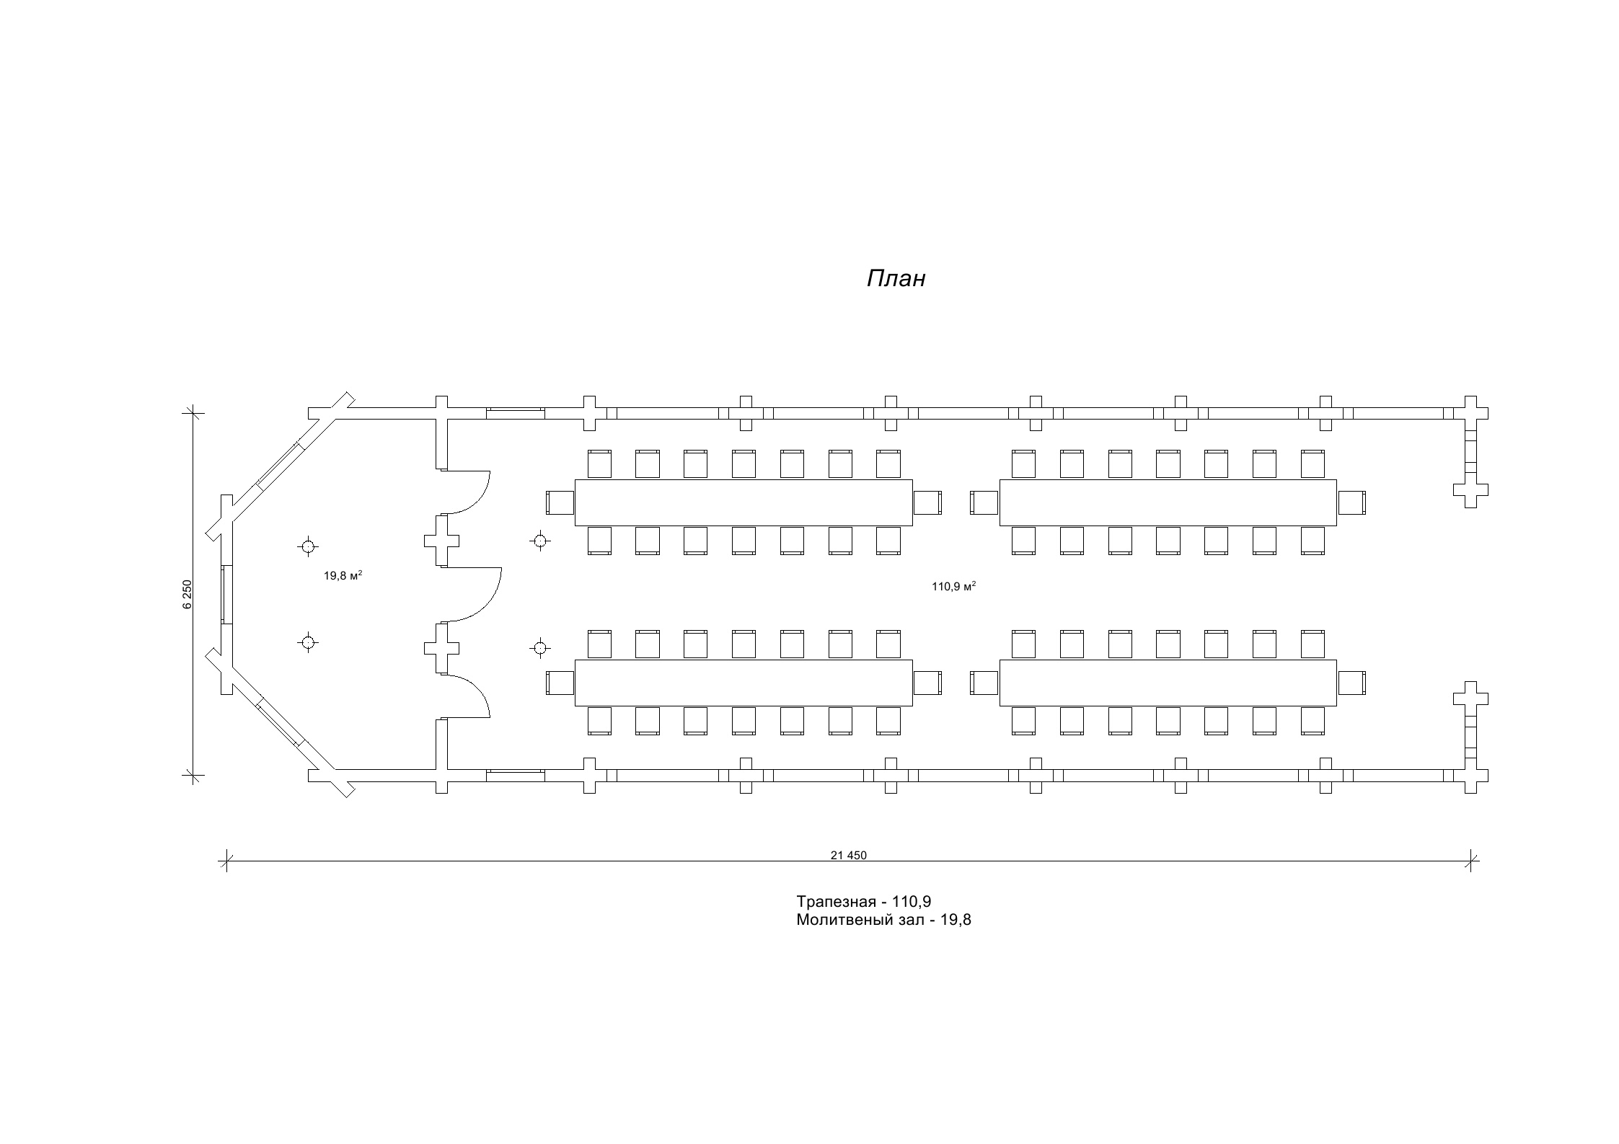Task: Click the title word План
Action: (x=896, y=279)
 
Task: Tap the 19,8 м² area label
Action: (x=343, y=575)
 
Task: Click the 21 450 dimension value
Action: (x=848, y=856)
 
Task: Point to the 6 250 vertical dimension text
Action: (x=188, y=595)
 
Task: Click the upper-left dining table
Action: (x=744, y=502)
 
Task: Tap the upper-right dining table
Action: (x=1168, y=502)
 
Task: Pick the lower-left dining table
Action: (x=744, y=683)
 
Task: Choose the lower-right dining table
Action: (x=1168, y=683)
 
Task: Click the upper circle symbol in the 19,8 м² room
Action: (x=308, y=546)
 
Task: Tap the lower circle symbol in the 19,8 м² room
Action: (x=308, y=642)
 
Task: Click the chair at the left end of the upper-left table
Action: (x=560, y=502)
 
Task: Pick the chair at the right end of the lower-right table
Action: (x=1351, y=683)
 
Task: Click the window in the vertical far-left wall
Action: (x=227, y=595)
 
